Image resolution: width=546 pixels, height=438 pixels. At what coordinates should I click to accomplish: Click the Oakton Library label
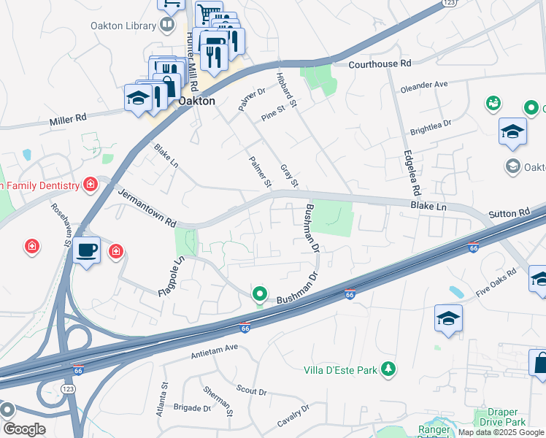click(123, 26)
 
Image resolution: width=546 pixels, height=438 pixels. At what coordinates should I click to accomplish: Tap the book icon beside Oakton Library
click(168, 26)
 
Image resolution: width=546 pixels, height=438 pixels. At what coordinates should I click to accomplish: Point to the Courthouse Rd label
click(380, 64)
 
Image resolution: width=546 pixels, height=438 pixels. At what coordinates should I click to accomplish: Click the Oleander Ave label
click(423, 85)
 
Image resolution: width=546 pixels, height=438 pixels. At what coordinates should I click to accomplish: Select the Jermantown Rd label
click(147, 207)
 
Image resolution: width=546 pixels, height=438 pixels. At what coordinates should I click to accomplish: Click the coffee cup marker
click(87, 250)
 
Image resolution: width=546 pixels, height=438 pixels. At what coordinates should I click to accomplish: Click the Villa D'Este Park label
click(342, 370)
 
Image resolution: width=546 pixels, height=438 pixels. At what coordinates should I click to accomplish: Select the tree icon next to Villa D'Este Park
click(390, 369)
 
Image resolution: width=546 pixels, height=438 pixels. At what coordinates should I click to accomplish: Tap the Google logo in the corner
click(24, 429)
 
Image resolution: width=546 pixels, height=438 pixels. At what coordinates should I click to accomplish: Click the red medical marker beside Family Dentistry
click(90, 185)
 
